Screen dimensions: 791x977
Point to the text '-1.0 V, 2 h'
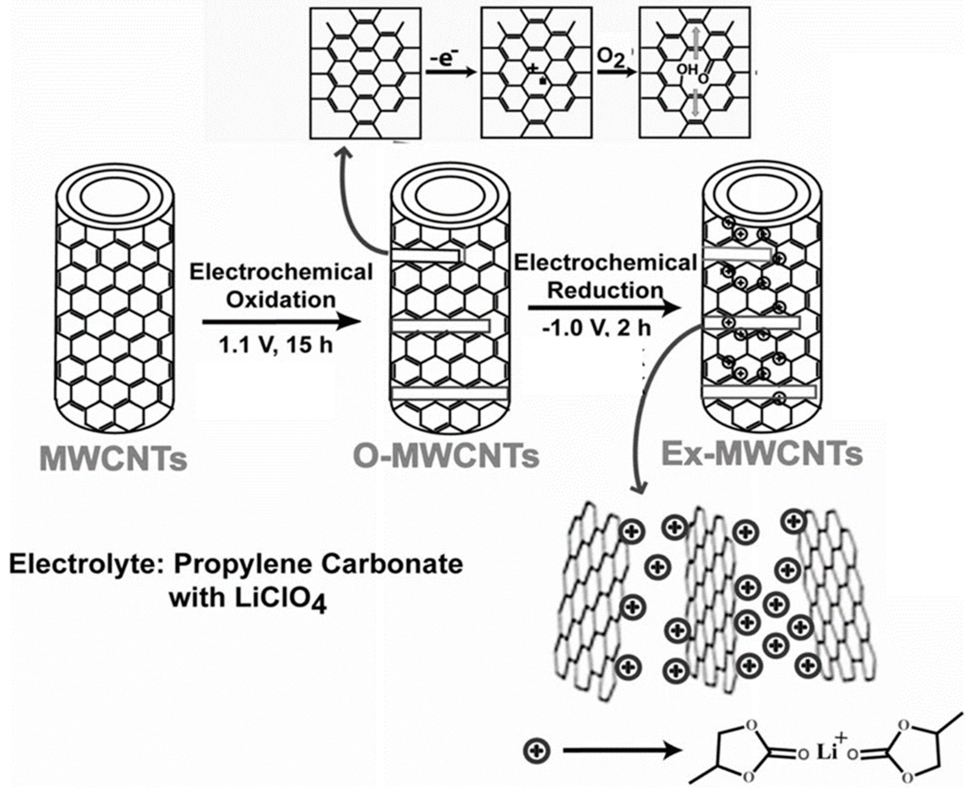596,328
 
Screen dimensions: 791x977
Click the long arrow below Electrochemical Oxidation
281,322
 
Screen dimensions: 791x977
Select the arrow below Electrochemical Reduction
604,309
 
